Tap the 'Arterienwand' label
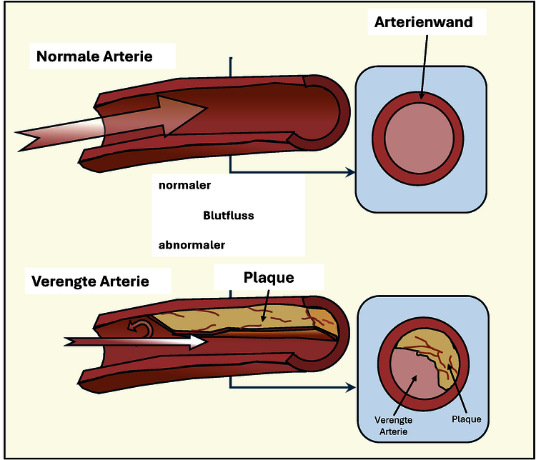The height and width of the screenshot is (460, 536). (423, 22)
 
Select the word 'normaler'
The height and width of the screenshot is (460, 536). (184, 185)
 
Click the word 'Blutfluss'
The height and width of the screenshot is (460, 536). (229, 215)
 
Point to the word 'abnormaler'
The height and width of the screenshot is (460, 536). (192, 245)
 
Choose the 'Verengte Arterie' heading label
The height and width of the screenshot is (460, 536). (90, 281)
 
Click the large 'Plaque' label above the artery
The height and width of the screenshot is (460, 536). (269, 277)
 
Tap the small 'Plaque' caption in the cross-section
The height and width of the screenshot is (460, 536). (466, 419)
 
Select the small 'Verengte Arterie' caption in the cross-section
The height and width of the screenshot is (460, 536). (394, 424)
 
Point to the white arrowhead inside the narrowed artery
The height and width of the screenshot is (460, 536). (197, 342)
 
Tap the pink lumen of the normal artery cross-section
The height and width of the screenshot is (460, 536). (420, 138)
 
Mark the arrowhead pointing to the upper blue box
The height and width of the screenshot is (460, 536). (350, 172)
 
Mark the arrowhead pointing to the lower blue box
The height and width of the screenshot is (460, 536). (350, 387)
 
